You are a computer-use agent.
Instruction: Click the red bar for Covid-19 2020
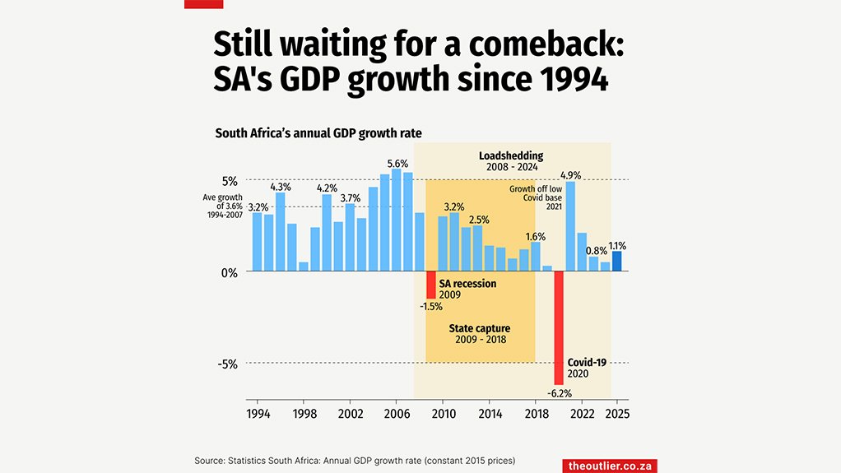tap(559, 327)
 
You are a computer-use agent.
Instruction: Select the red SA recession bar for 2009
tap(430, 285)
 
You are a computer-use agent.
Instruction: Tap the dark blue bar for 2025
tap(617, 262)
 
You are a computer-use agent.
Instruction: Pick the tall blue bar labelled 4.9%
tap(570, 226)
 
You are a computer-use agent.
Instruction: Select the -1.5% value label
tap(430, 306)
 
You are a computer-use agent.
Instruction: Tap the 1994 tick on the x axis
tap(258, 414)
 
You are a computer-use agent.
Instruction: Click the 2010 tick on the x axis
tap(444, 414)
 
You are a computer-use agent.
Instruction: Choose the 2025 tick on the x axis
tap(617, 414)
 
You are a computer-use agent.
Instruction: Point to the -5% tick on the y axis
tap(228, 364)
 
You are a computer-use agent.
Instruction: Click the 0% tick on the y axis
tap(230, 272)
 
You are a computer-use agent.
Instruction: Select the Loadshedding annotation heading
tap(511, 155)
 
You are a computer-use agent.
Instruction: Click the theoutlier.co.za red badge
tap(610, 466)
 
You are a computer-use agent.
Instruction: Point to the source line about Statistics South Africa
tap(360, 460)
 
